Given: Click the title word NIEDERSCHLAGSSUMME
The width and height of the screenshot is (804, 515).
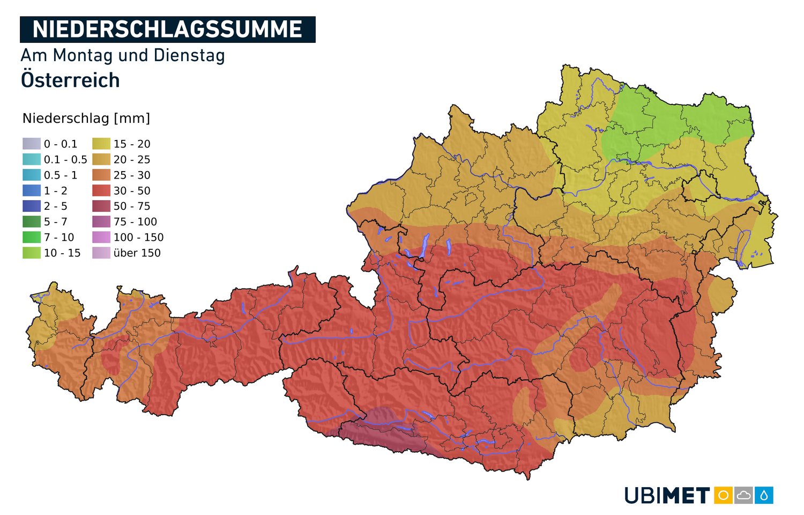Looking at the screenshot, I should [167, 30].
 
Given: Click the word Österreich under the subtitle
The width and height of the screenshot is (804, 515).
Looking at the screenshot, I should [70, 80].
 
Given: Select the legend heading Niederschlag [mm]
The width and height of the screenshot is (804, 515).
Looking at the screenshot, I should [86, 119].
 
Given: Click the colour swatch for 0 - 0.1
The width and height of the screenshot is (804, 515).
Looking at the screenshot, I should [32, 144].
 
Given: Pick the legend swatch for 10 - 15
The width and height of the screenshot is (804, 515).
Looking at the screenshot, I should [32, 253].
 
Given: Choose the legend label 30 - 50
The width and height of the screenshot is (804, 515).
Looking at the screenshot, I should [132, 190].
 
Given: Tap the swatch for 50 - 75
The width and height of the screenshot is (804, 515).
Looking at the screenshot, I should [101, 206].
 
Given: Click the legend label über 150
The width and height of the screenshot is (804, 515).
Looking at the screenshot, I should [137, 253].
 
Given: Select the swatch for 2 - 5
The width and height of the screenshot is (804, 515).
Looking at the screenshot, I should [32, 206].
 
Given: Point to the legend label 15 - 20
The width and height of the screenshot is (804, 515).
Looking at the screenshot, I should [132, 144].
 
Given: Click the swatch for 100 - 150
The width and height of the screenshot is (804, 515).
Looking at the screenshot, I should [101, 237].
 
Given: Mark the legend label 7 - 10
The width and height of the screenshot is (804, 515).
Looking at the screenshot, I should [59, 237].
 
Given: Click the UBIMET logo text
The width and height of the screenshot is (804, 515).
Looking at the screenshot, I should [667, 495].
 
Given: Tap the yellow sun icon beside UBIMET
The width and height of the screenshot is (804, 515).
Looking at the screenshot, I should [723, 495].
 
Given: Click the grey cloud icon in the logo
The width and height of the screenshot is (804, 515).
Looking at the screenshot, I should [743, 495].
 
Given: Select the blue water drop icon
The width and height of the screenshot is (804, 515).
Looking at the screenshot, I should [764, 495].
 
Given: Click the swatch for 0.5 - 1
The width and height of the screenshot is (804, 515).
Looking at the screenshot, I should [32, 175].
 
